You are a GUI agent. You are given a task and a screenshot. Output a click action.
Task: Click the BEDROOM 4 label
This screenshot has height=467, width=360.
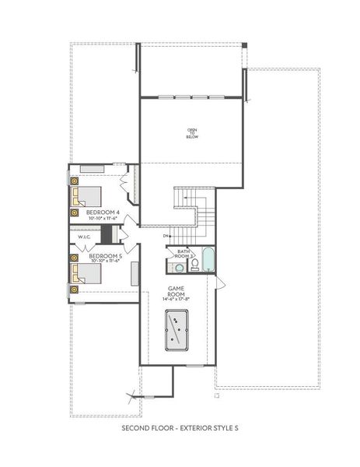(x=103, y=212)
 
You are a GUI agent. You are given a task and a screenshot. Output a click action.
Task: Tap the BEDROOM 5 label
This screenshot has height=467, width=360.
(x=104, y=255)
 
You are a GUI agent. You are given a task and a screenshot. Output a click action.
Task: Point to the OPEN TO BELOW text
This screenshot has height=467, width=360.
(x=192, y=133)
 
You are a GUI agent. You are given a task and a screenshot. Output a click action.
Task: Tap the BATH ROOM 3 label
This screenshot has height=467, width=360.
(x=183, y=254)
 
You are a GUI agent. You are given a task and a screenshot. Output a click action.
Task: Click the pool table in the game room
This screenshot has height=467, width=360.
(x=177, y=332)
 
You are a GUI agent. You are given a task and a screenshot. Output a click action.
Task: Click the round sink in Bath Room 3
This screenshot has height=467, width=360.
(x=179, y=268)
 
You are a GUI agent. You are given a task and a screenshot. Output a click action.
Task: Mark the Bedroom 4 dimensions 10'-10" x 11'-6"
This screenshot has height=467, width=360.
(x=103, y=218)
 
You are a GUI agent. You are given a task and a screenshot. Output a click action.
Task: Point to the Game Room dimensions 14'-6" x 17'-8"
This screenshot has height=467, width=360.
(x=177, y=299)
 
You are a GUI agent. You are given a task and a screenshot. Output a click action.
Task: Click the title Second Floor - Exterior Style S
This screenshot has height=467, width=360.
(x=180, y=429)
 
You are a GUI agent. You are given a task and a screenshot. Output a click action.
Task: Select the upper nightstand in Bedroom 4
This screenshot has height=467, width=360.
(x=75, y=181)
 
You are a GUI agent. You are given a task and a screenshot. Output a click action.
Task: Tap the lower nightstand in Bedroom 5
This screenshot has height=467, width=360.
(x=75, y=290)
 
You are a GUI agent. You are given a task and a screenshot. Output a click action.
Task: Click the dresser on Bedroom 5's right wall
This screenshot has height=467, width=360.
(x=135, y=272)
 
